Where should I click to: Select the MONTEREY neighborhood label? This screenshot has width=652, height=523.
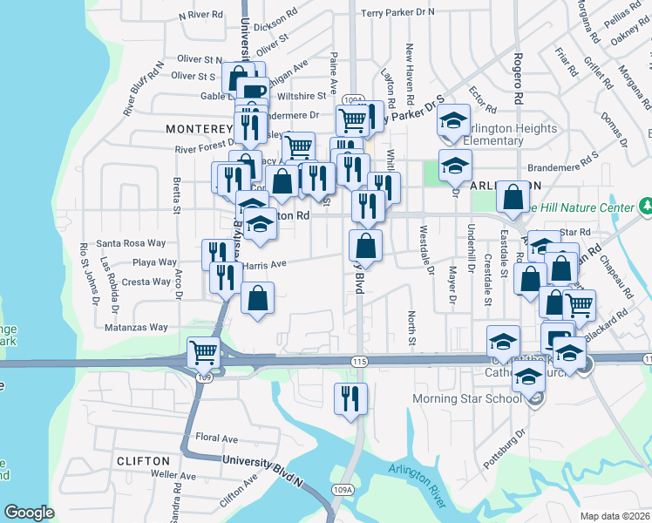198,128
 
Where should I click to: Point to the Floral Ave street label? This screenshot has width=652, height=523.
217,437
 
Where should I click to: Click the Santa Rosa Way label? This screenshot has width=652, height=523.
131,243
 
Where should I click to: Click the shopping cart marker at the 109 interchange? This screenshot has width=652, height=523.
203,353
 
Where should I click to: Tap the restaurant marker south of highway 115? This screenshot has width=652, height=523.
350,399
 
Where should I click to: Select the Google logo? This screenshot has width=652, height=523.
29,513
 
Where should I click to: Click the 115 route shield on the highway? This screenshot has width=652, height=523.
359,360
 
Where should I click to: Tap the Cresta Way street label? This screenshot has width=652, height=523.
146,282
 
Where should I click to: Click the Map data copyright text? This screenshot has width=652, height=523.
614,515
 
